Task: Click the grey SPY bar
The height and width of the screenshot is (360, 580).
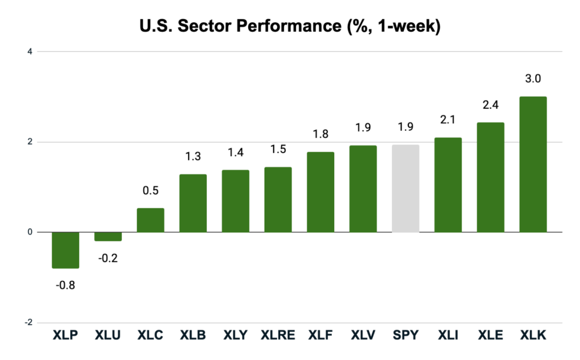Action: (x=406, y=188)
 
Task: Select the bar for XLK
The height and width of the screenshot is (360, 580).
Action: (x=533, y=164)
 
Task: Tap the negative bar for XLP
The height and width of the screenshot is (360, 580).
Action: (x=65, y=250)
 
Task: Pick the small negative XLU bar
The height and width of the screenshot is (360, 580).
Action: (x=108, y=237)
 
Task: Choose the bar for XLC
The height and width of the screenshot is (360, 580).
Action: (x=150, y=220)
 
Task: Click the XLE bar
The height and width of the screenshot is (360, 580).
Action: (x=491, y=177)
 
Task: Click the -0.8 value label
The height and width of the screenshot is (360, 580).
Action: (x=65, y=285)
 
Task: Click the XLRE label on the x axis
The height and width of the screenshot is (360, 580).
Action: (x=278, y=335)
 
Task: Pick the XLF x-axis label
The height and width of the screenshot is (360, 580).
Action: (x=321, y=335)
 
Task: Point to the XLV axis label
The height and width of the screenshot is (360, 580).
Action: (x=363, y=335)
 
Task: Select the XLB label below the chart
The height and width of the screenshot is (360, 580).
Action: (x=193, y=335)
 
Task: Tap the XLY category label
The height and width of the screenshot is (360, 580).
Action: (x=235, y=335)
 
